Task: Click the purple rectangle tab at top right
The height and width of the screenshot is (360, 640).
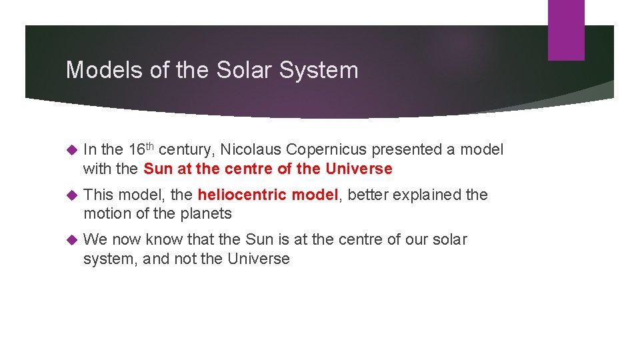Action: click(566, 30)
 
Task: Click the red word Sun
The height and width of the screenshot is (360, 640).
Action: click(157, 169)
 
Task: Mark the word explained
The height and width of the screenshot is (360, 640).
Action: click(425, 195)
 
